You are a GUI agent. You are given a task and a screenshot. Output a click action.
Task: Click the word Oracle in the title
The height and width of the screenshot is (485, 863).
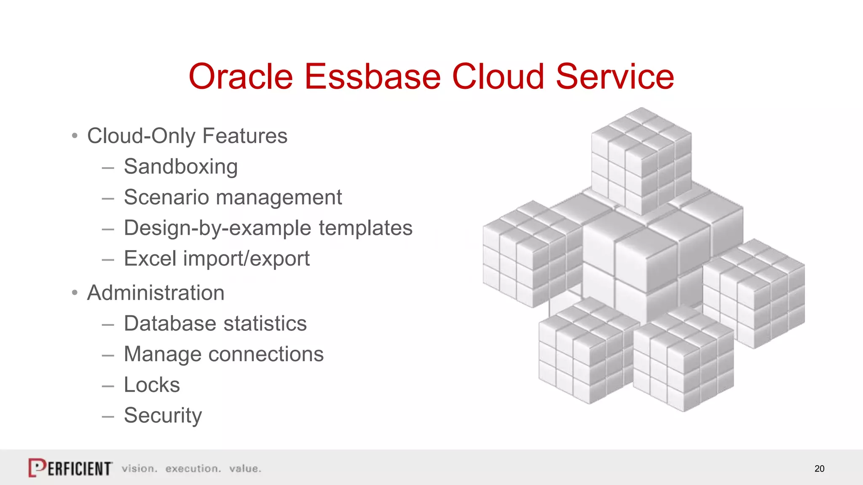click(x=241, y=77)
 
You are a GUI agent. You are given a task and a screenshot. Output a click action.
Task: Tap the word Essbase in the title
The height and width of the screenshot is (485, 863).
click(x=373, y=77)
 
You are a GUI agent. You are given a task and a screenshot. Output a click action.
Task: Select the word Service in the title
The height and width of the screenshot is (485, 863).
click(x=615, y=77)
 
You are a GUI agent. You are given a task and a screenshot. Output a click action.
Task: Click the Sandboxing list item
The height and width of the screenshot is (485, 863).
click(x=181, y=167)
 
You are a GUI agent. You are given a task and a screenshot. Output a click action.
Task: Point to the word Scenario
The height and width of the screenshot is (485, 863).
click(x=166, y=197)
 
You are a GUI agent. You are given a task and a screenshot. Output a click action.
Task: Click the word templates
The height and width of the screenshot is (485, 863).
click(x=365, y=228)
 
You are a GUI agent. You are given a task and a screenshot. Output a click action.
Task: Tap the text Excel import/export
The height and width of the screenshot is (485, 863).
click(x=217, y=258)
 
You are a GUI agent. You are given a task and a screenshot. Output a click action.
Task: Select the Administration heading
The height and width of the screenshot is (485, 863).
click(x=155, y=293)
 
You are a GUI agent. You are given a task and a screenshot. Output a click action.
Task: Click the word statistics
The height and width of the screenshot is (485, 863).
click(x=265, y=324)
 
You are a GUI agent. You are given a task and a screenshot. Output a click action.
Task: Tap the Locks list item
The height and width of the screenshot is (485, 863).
click(x=152, y=385)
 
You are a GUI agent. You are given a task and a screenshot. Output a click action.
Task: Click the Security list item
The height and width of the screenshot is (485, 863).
click(x=163, y=416)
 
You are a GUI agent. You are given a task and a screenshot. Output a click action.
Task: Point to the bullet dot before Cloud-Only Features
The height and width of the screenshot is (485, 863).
click(x=75, y=136)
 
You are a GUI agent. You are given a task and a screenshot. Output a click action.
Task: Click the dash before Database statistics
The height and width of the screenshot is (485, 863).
click(x=108, y=324)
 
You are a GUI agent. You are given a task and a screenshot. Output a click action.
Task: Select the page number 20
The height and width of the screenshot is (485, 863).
click(x=819, y=469)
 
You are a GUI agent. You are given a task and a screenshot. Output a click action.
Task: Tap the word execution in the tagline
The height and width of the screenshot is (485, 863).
click(x=193, y=469)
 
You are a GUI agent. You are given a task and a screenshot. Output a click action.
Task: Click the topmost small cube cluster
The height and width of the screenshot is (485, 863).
click(x=641, y=160)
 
